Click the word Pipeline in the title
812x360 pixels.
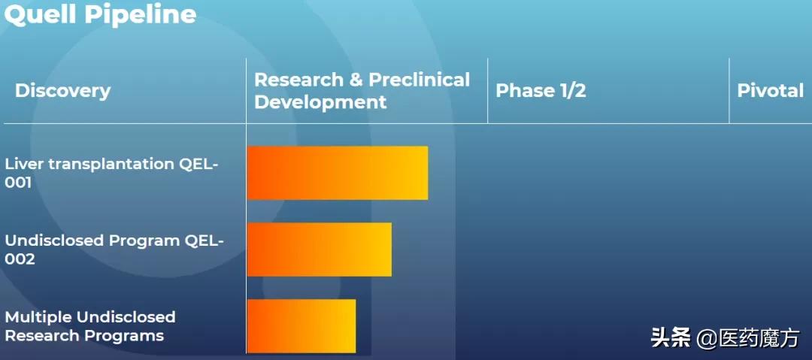coord(141,14)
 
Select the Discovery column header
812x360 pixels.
coord(62,91)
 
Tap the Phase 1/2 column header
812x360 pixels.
coord(541,91)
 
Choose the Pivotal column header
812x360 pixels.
coord(770,91)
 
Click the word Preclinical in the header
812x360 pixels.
coord(419,80)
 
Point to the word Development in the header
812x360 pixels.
coord(320,102)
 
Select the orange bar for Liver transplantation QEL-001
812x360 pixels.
coord(338,173)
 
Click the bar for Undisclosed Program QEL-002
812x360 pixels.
coord(320,250)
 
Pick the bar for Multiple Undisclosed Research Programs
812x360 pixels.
coord(301,326)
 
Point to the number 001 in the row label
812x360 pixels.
coord(18,183)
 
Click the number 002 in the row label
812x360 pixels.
coord(20,259)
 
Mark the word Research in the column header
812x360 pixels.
coord(298,80)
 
